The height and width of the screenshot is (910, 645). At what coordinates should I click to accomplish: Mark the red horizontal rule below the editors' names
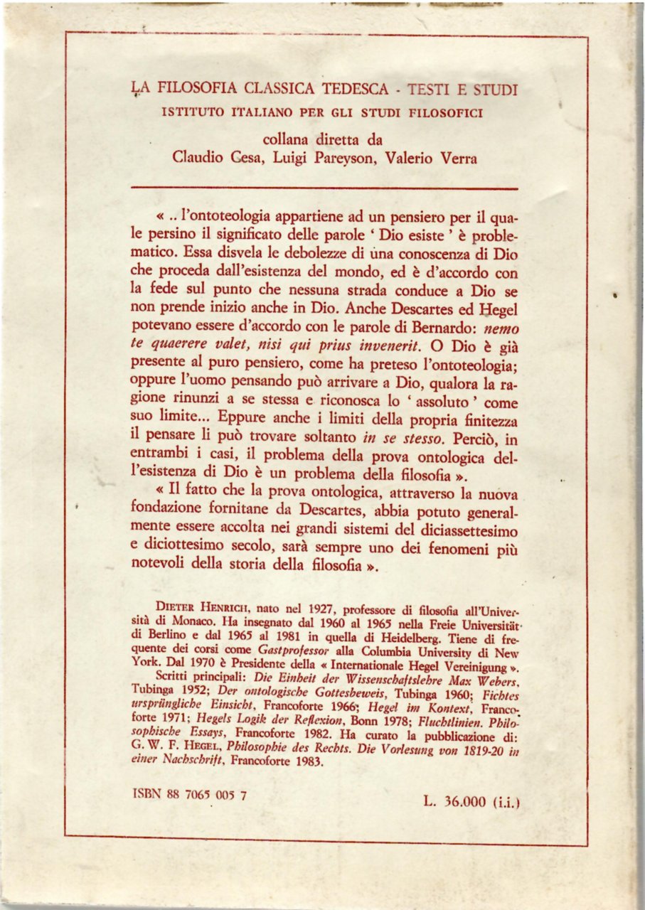[326, 188]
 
